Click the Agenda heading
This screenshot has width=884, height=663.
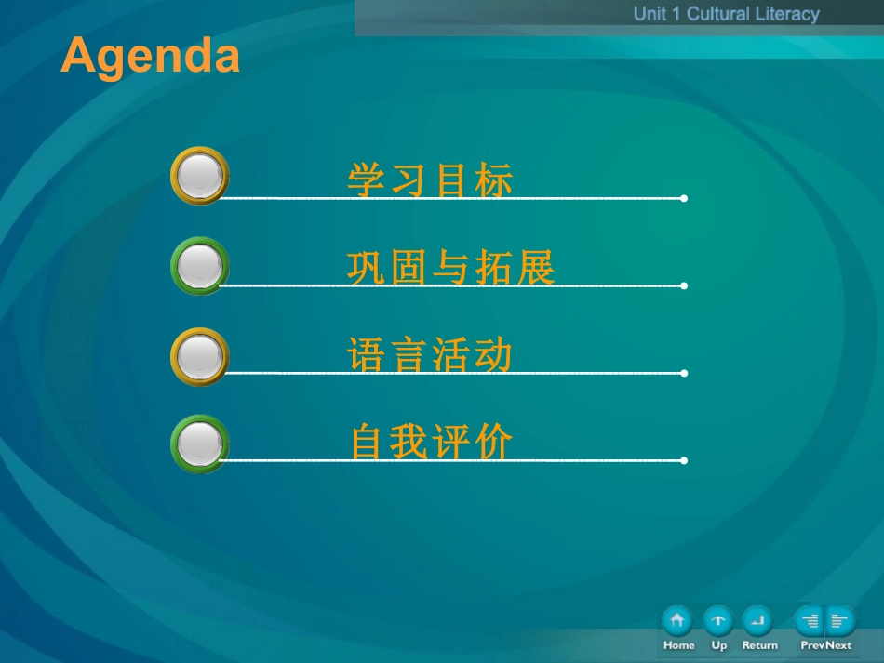click(151, 56)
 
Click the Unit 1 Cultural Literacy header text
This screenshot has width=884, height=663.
click(726, 14)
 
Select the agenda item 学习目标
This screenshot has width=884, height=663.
click(430, 180)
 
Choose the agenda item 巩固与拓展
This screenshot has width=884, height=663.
click(450, 269)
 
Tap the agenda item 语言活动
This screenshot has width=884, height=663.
click(430, 356)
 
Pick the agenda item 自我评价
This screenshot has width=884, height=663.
click(431, 443)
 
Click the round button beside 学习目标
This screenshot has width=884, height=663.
click(200, 176)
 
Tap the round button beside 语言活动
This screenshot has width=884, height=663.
click(200, 356)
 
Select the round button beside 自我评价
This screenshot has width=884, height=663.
click(200, 444)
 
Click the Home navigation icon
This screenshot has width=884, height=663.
click(677, 620)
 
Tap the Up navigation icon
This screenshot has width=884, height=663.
click(718, 620)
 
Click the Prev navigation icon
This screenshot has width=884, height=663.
click(810, 620)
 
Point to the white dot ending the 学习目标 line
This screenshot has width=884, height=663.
click(684, 198)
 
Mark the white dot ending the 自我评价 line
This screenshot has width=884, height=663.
click(684, 460)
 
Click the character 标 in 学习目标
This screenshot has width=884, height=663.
click(493, 180)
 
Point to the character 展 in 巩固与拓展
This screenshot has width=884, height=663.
click(535, 269)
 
